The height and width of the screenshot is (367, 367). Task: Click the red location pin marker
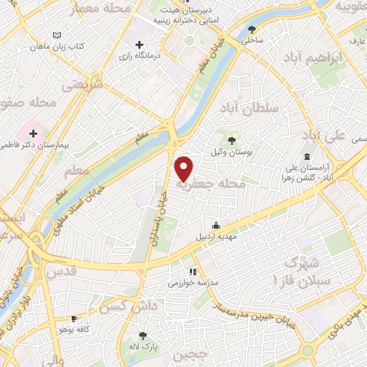[184, 168]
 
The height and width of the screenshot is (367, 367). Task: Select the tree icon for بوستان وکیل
[231, 140]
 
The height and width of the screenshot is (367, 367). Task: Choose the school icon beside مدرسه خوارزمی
[192, 272]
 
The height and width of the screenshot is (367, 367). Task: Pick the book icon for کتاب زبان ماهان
[58, 34]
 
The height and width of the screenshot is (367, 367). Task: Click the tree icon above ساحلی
[252, 29]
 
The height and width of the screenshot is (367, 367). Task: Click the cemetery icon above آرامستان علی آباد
[307, 156]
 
